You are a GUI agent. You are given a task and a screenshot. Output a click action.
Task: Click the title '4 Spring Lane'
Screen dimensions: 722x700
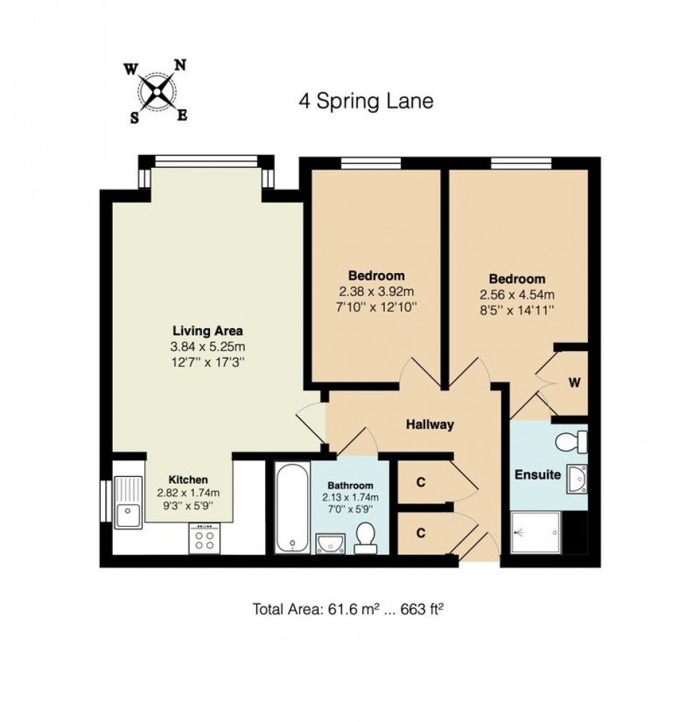366,101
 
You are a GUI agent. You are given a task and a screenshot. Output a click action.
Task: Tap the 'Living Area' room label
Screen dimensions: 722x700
208,331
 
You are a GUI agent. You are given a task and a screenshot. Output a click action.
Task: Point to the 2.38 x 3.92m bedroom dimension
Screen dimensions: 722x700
376,292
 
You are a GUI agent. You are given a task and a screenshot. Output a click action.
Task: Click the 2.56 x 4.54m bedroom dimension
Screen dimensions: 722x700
516,295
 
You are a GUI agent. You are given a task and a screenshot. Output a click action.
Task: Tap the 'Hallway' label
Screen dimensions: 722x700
430,425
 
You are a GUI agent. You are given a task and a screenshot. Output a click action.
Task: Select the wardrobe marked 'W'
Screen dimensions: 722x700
573,382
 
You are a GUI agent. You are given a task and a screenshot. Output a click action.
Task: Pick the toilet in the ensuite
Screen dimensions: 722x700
571,442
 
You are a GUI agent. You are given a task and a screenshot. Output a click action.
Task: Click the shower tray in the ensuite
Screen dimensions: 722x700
536,533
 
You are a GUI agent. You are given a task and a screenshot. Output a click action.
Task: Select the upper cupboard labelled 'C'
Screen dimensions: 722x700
421,483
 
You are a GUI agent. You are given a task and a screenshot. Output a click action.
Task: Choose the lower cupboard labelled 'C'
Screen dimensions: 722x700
421,533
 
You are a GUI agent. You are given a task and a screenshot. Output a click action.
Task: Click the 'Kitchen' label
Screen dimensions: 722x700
188,480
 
